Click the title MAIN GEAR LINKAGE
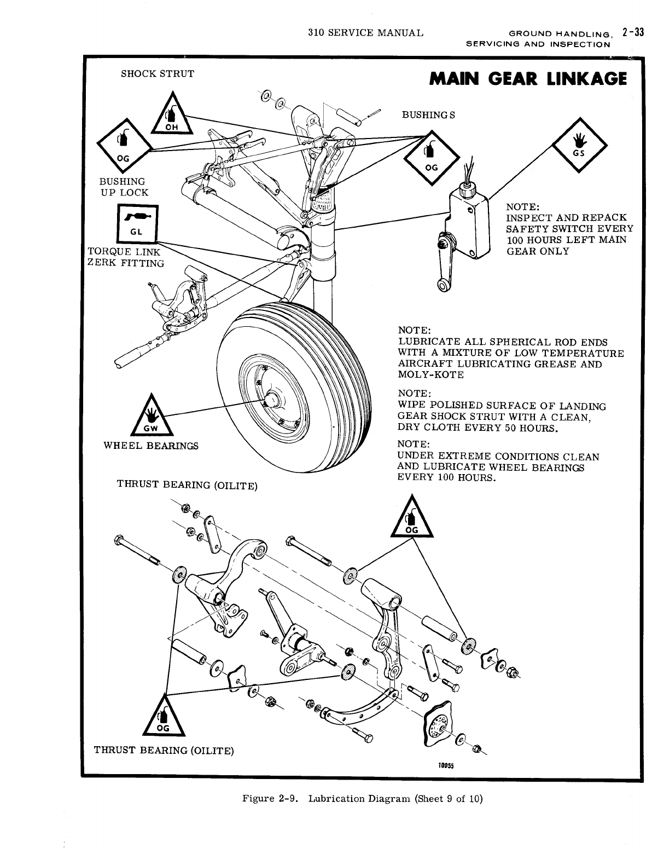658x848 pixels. click(528, 80)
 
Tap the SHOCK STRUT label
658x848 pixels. click(157, 74)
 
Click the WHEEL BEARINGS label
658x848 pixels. click(151, 446)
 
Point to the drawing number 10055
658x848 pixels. click(442, 766)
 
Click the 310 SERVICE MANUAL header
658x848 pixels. click(365, 32)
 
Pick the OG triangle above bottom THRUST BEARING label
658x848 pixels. click(164, 717)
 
